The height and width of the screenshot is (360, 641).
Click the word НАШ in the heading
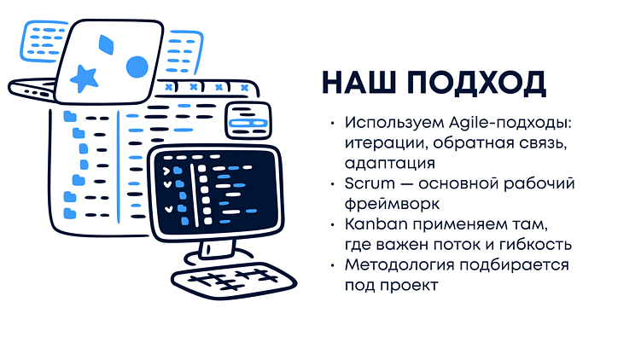358,83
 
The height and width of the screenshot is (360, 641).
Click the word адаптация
390,163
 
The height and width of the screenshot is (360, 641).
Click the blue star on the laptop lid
84,78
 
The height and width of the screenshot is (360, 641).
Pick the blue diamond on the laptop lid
106,44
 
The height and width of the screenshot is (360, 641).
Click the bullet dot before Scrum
331,183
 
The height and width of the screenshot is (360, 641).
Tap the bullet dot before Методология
331,264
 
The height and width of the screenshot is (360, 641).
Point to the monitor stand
218,248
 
